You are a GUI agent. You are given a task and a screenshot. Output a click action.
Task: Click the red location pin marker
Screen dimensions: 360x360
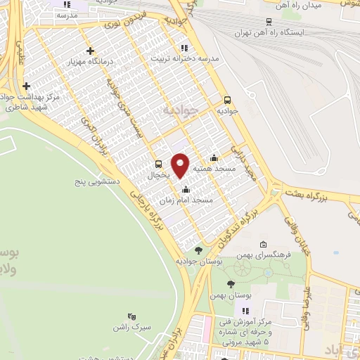tap(180, 165)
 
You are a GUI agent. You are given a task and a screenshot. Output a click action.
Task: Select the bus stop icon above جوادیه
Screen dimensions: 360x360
tap(226, 100)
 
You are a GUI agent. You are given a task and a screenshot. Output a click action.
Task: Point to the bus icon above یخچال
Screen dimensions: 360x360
tap(157, 164)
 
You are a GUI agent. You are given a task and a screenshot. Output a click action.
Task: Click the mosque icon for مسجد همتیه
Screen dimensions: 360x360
tap(214, 158)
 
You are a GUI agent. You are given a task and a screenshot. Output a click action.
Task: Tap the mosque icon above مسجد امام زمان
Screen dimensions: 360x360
tap(185, 190)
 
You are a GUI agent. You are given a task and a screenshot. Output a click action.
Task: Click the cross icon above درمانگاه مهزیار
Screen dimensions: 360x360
tap(90, 51)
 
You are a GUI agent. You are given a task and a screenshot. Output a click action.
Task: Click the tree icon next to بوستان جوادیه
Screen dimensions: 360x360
tap(198, 250)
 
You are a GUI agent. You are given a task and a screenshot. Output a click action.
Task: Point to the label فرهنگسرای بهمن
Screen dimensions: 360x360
tap(263, 255)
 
